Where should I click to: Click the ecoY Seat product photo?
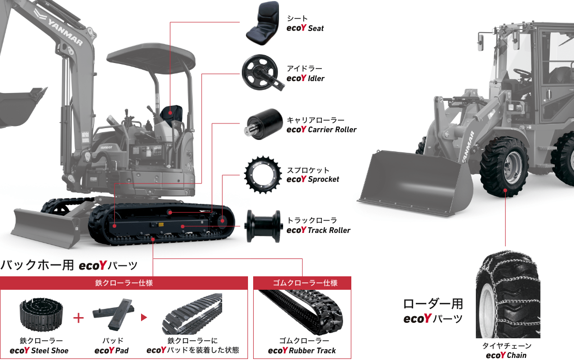[262, 23]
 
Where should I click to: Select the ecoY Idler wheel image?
[262, 72]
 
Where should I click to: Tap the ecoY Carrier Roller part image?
[263, 124]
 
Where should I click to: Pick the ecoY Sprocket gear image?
[263, 175]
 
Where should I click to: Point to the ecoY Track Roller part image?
[263, 226]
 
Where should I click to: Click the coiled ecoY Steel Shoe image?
[41, 314]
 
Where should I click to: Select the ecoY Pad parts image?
[113, 314]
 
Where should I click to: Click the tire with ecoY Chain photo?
[508, 294]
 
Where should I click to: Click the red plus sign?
[79, 318]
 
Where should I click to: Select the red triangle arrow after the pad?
[144, 317]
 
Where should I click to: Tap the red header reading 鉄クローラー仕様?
[124, 283]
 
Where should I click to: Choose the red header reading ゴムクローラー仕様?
[302, 283]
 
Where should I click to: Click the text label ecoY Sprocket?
[313, 179]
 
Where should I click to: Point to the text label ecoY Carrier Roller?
[321, 130]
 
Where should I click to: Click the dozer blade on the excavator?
[46, 227]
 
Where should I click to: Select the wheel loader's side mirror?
[480, 41]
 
